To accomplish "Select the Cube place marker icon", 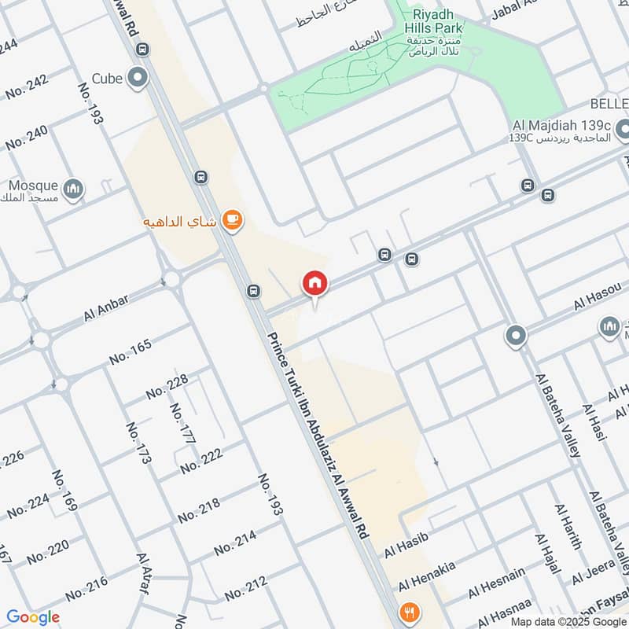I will coord(138,78).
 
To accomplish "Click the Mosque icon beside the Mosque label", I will coord(73,189).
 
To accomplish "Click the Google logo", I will coord(33,617).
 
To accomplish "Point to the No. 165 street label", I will coord(130,351).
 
